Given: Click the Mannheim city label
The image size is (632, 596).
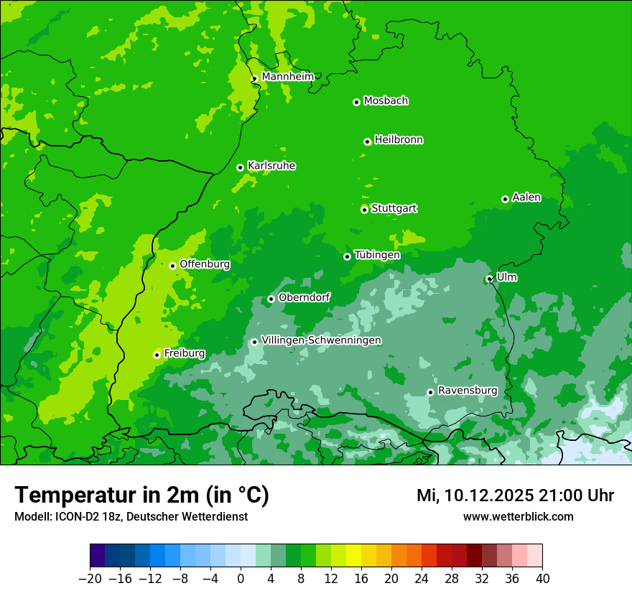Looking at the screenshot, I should [287, 77].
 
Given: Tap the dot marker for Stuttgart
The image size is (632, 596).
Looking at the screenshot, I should [364, 210].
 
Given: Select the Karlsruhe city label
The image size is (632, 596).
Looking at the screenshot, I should [271, 166].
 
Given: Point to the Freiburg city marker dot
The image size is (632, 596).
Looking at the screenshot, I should [157, 355].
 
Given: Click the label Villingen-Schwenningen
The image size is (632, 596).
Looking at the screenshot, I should [321, 340].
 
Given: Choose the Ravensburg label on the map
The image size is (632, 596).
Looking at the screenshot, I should [468, 391].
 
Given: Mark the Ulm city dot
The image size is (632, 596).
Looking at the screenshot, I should [489, 279].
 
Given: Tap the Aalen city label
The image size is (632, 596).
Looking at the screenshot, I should [526, 197].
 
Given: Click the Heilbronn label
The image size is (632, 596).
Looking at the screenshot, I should [399, 140].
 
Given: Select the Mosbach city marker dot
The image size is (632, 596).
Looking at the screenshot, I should [356, 102].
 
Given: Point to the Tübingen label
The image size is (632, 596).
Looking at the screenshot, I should [377, 255].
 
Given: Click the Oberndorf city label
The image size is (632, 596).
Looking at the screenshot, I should [305, 297].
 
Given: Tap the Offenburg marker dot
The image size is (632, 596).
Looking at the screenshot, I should [172, 266].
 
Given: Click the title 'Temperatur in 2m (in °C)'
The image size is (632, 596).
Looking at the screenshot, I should [141, 495].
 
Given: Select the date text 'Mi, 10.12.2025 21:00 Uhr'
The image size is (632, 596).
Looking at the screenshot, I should [515, 495].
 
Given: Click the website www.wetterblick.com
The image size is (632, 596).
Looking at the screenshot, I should [518, 517].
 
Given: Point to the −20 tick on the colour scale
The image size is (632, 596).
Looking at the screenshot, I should [90, 579].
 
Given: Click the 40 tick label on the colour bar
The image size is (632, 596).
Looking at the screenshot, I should [542, 579].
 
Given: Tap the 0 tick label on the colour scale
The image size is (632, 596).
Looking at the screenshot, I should [241, 579].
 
